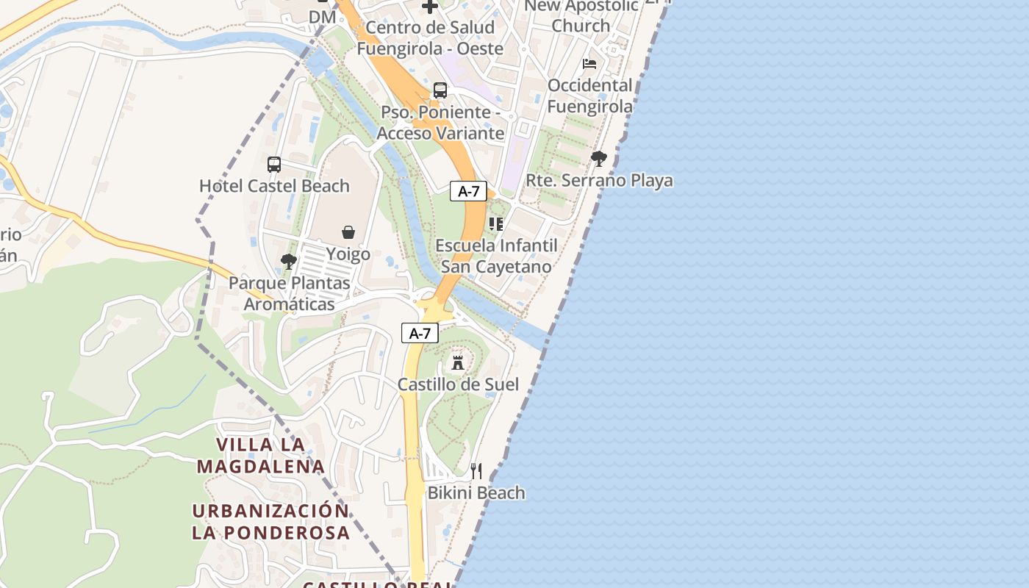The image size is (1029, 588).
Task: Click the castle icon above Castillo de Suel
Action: click(458, 362)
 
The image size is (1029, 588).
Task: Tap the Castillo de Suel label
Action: click(458, 384)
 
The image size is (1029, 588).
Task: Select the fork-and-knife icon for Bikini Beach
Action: click(476, 470)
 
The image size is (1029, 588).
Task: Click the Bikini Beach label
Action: click(476, 492)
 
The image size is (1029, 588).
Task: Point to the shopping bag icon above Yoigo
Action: click(348, 232)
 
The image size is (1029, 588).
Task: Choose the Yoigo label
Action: click(348, 254)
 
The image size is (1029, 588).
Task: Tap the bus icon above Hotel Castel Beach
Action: click(274, 164)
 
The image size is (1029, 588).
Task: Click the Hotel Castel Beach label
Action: click(274, 186)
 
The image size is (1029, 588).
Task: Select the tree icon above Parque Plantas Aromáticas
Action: click(289, 261)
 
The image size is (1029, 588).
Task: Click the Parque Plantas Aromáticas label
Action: click(289, 293)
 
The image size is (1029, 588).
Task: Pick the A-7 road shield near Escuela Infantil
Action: click(468, 192)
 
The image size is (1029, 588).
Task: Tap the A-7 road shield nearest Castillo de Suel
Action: click(420, 333)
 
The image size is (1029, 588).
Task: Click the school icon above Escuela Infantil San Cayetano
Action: click(496, 223)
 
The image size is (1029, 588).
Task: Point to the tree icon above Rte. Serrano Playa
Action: click(599, 158)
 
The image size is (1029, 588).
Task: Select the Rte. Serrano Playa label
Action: click(599, 180)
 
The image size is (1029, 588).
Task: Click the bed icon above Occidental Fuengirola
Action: click(589, 64)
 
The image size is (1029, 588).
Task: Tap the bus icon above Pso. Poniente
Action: click(440, 90)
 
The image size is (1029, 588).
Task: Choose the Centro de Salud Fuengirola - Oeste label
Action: click(430, 38)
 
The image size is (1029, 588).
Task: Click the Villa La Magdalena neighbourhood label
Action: click(261, 455)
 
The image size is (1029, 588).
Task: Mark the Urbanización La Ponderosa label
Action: click(270, 521)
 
